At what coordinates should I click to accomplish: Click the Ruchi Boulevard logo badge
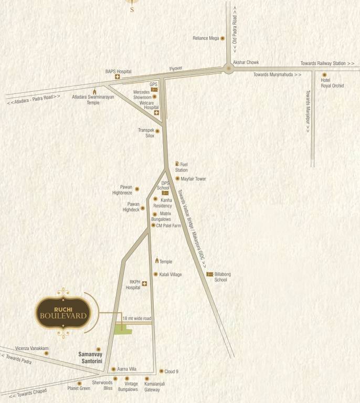tap(63, 313)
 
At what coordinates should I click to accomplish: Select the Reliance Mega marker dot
tap(223, 38)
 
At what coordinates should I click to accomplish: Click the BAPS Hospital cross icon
tap(118, 77)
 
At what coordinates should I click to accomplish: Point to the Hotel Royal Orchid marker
tap(324, 75)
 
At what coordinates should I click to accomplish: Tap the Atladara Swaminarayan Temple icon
tap(94, 91)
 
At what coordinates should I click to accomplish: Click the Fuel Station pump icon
tap(177, 164)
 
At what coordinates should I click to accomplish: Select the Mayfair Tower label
tap(193, 179)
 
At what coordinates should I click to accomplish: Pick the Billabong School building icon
tap(209, 274)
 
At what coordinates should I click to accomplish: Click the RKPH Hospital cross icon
tap(144, 284)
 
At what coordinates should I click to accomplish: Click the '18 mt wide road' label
tap(136, 319)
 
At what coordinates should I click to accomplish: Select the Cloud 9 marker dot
tap(161, 371)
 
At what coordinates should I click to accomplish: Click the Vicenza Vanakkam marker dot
tap(46, 353)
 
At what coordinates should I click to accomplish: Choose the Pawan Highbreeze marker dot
tap(137, 189)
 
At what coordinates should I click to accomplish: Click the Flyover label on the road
tap(175, 69)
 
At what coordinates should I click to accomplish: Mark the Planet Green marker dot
tap(79, 383)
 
